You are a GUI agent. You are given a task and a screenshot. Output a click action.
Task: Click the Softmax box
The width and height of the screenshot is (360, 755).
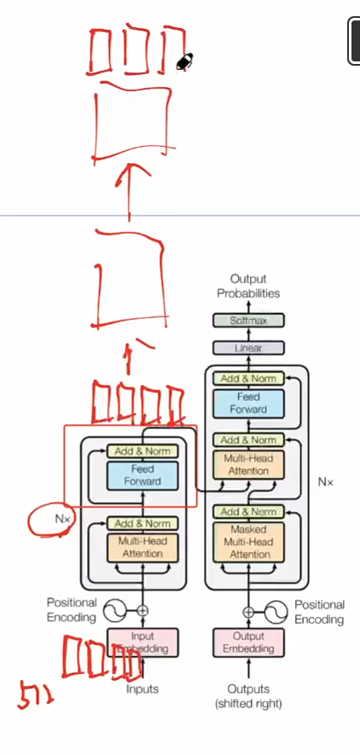[x=247, y=322]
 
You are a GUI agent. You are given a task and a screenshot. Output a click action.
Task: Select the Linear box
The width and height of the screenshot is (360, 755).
[x=247, y=348]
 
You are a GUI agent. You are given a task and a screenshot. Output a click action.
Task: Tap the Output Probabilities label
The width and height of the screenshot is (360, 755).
[x=247, y=286]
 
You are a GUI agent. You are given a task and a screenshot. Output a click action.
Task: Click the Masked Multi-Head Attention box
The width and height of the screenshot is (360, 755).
[x=247, y=542]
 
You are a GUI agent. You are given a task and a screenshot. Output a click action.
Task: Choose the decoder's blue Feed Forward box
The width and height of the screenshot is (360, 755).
[x=247, y=403]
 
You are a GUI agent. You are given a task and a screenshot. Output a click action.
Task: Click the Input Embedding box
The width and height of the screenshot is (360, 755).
[x=142, y=642]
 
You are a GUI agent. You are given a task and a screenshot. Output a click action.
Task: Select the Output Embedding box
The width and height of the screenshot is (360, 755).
[x=247, y=642]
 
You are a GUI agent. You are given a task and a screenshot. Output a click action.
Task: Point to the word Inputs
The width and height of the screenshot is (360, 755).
[x=142, y=688]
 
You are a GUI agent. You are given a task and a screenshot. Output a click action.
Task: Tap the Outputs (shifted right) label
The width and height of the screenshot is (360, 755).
[x=247, y=696]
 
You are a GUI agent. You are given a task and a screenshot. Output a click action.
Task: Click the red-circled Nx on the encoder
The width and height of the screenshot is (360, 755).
[x=61, y=518]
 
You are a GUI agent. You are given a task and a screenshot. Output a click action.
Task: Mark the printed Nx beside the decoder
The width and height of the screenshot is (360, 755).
[x=326, y=482]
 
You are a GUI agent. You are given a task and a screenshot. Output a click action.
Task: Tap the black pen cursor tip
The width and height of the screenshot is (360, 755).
[x=183, y=61]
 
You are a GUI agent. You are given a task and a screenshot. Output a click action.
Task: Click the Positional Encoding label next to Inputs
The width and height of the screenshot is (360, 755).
[x=72, y=610]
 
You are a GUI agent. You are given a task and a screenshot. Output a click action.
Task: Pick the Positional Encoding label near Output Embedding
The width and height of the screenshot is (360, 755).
[x=319, y=612]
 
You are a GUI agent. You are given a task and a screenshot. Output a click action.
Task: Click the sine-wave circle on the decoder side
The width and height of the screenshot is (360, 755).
[x=276, y=611]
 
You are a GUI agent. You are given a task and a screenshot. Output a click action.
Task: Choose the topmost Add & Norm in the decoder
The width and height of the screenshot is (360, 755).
[x=247, y=378]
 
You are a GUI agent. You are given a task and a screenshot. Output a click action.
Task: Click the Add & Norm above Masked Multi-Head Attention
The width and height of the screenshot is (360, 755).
[x=247, y=512]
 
